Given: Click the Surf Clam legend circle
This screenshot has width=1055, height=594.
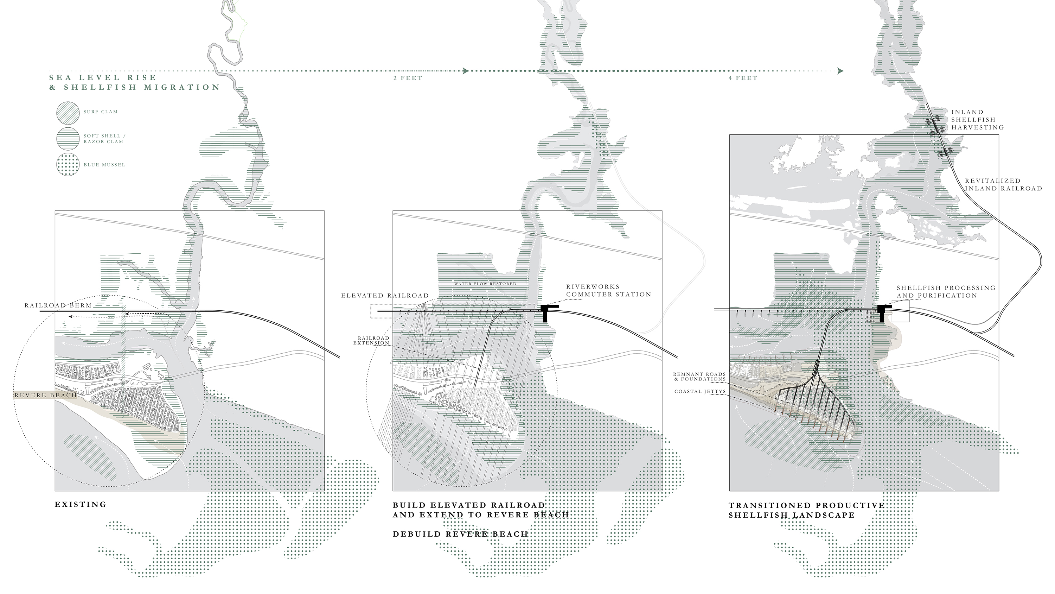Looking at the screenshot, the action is click(x=68, y=112).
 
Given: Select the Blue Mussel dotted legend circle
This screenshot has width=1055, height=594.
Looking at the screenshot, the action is click(x=68, y=164).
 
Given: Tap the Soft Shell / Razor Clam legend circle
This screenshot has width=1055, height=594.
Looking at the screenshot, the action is click(x=68, y=138).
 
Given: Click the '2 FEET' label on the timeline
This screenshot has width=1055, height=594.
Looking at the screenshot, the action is click(x=408, y=78).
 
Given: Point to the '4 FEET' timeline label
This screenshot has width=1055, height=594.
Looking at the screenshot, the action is click(x=743, y=78).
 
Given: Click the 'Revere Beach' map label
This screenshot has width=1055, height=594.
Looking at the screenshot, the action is click(x=45, y=395).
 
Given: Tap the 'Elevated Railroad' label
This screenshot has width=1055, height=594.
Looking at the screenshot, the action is click(x=385, y=296).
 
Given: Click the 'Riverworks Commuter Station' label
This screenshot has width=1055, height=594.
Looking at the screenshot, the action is click(x=609, y=291).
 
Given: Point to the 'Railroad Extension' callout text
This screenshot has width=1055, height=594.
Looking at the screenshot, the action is click(x=371, y=340).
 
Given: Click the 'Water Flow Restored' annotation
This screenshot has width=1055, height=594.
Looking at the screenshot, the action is click(x=485, y=284).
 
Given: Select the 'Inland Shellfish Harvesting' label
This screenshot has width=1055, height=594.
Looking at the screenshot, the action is click(x=977, y=120).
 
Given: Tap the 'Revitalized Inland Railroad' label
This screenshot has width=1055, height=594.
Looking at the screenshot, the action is click(x=1003, y=184).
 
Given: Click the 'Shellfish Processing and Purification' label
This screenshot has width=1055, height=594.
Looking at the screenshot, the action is click(x=946, y=292).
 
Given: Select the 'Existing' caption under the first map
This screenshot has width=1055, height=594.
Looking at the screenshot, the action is click(x=81, y=505).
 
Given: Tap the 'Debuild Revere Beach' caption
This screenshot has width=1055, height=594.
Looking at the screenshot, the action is click(x=460, y=534).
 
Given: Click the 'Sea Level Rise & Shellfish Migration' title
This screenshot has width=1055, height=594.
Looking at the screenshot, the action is click(x=135, y=82).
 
